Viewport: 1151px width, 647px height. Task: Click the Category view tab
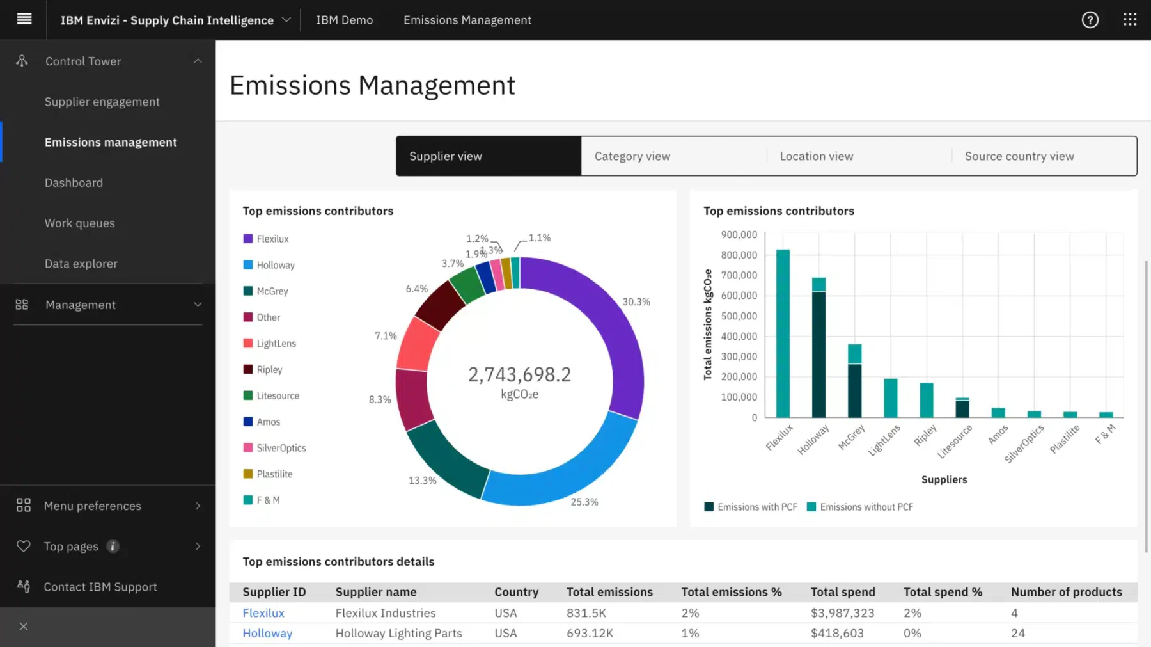click(x=673, y=156)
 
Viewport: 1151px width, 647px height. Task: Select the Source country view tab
click(x=1044, y=156)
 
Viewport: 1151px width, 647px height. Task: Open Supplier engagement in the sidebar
click(x=102, y=102)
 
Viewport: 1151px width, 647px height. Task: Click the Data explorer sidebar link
click(x=81, y=264)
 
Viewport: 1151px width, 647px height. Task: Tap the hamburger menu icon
click(x=24, y=19)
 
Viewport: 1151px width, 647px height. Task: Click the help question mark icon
click(x=1090, y=20)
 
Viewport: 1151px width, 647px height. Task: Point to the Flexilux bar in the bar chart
click(x=783, y=333)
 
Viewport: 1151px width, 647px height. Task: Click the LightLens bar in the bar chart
click(x=890, y=398)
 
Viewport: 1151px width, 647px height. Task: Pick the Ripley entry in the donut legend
click(x=263, y=369)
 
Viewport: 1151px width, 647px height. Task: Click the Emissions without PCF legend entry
click(x=860, y=507)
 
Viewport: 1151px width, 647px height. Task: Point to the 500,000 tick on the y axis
click(x=739, y=316)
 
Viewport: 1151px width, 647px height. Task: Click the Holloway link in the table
click(x=267, y=633)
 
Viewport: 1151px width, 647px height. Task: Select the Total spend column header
click(x=843, y=592)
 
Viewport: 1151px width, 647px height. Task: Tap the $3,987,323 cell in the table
click(x=842, y=612)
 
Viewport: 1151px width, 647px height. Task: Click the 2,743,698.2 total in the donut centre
click(x=520, y=374)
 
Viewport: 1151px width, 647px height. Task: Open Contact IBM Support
click(x=100, y=587)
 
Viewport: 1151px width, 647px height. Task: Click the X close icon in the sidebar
click(x=24, y=627)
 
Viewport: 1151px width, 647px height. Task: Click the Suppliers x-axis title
click(x=944, y=479)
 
